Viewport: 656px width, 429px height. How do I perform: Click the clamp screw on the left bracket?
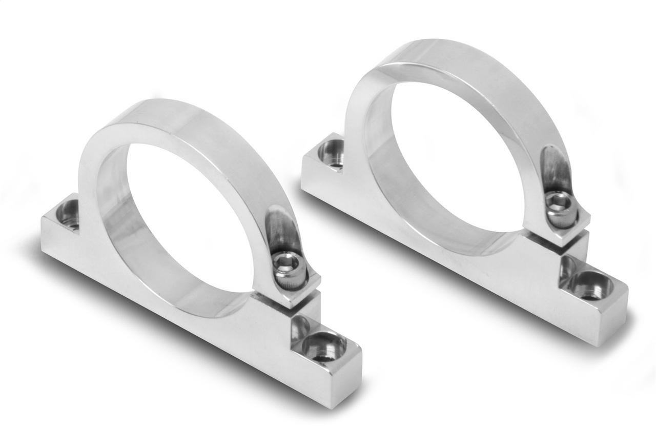[284, 266]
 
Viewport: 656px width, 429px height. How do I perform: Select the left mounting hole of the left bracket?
[69, 213]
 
